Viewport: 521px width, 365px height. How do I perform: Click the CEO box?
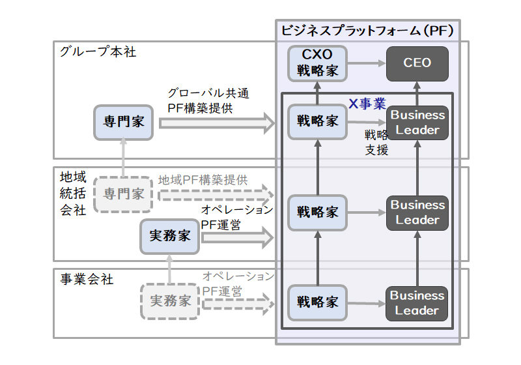(x=417, y=63)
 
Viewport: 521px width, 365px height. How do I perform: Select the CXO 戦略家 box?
(x=317, y=63)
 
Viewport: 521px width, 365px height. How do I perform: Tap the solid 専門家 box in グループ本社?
(x=123, y=122)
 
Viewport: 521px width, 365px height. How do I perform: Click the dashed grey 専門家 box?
(x=123, y=194)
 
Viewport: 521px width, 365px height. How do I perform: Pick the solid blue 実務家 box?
(x=170, y=237)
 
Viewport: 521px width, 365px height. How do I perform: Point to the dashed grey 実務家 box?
(x=170, y=301)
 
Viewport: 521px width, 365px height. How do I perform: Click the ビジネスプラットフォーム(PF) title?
(x=367, y=31)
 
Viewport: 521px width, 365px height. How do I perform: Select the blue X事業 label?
(x=367, y=104)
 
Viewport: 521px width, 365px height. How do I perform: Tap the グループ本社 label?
(x=98, y=51)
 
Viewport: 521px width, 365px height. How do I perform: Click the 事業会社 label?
(x=87, y=279)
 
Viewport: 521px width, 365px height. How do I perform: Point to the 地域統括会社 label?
(x=73, y=194)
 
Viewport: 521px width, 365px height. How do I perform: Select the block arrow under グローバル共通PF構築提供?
(x=217, y=123)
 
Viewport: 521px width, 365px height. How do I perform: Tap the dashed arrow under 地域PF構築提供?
(x=216, y=195)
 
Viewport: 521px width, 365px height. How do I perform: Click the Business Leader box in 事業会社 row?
(x=417, y=304)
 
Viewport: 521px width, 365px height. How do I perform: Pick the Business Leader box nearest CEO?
(x=417, y=123)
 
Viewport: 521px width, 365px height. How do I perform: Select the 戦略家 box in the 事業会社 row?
(x=317, y=302)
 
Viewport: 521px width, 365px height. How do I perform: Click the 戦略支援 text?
(x=376, y=142)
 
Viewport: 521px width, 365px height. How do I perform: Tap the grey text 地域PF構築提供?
(x=203, y=180)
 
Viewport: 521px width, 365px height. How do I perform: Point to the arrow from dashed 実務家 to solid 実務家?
(x=169, y=269)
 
